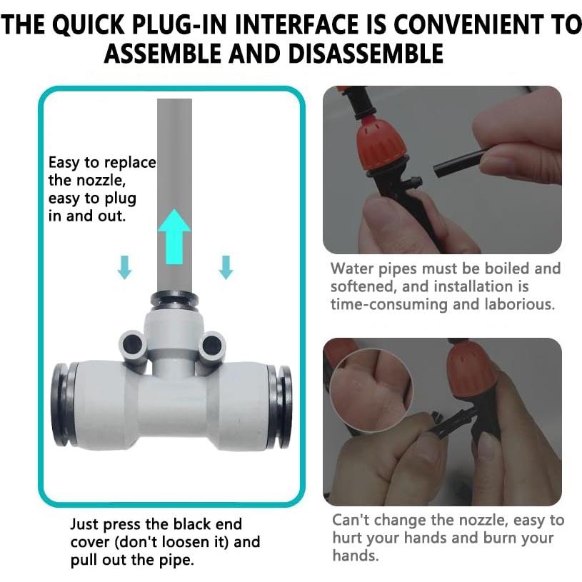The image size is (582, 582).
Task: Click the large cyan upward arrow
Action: [174, 237]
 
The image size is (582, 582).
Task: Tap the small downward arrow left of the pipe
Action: [124, 267]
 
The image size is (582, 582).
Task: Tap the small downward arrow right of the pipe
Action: [226, 267]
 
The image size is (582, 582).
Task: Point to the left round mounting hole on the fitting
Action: [132, 344]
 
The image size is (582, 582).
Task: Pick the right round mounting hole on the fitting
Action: [211, 345]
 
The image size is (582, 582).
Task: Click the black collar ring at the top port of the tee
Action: [174, 299]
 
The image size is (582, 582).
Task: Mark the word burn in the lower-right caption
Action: [500, 538]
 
